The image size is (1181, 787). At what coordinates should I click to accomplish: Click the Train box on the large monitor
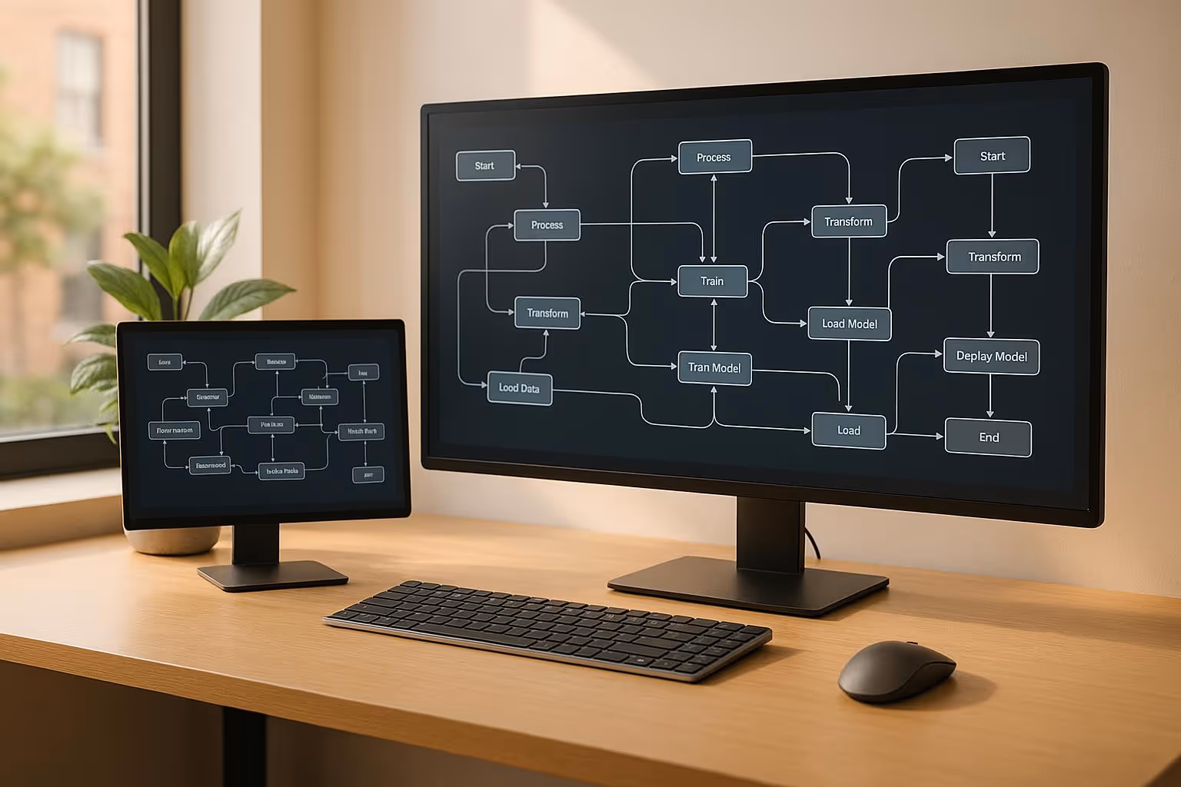click(x=712, y=281)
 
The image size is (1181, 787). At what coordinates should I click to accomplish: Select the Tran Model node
click(x=714, y=368)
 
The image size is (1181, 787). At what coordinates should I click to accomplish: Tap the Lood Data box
click(x=520, y=388)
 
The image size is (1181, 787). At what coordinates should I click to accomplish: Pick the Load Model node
click(x=849, y=324)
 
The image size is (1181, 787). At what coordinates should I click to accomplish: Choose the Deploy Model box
click(x=991, y=357)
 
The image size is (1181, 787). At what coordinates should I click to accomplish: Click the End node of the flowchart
click(x=988, y=437)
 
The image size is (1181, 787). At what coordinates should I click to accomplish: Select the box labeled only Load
click(x=849, y=430)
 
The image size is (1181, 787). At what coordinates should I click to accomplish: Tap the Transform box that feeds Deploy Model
click(x=993, y=257)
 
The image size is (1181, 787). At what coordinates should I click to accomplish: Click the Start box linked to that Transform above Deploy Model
click(x=992, y=156)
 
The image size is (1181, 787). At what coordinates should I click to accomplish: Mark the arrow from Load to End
click(x=915, y=436)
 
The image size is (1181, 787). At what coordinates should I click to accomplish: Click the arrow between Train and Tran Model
click(x=714, y=324)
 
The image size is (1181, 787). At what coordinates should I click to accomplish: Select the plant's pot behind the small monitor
click(x=171, y=540)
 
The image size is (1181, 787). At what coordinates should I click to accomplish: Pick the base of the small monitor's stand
click(x=272, y=574)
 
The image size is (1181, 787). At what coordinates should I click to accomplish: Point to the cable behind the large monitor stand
click(x=811, y=542)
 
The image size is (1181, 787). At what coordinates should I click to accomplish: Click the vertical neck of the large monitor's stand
click(x=769, y=534)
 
